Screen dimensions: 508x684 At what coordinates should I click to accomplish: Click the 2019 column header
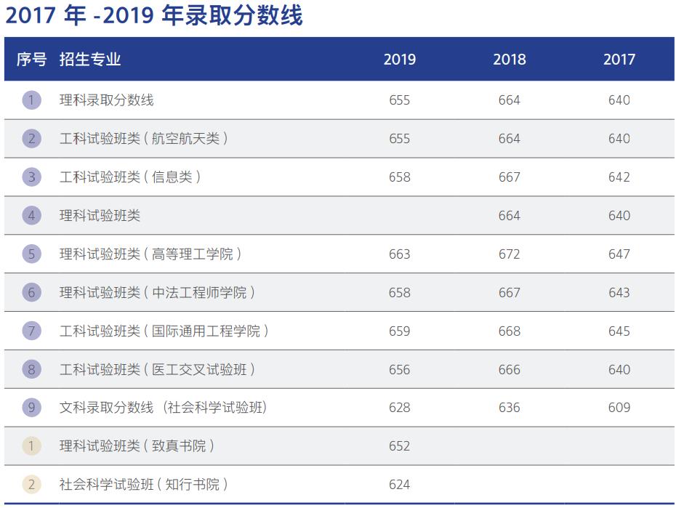[400, 60]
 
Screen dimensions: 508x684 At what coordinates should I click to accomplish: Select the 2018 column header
[510, 60]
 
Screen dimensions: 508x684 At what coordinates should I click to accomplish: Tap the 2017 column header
[619, 60]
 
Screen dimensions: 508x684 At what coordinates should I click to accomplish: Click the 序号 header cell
[31, 60]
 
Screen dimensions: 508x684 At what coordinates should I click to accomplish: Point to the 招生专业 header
[90, 60]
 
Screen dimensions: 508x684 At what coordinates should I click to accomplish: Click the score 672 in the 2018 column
[510, 254]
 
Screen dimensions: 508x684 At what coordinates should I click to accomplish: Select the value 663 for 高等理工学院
[400, 254]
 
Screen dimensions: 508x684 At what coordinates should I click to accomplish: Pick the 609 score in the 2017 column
[619, 408]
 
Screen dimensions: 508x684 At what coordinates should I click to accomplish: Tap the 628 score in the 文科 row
[400, 408]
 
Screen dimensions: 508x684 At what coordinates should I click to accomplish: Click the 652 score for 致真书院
[400, 446]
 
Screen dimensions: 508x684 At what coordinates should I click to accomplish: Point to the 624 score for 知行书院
[400, 485]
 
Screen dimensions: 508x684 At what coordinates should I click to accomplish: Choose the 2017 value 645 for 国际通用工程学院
[619, 331]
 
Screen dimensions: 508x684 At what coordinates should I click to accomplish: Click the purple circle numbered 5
[31, 254]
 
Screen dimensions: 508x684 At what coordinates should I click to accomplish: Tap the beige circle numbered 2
[31, 485]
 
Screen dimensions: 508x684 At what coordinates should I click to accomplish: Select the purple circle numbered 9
[31, 408]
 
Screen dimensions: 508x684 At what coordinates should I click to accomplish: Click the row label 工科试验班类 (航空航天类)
[143, 139]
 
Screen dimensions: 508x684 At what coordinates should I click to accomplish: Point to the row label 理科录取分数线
[107, 100]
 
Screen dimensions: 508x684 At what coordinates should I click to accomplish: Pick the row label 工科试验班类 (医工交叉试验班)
[157, 370]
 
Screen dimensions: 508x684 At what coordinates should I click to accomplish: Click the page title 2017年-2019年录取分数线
[154, 16]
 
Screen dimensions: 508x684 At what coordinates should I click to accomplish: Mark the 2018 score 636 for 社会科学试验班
[510, 408]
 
